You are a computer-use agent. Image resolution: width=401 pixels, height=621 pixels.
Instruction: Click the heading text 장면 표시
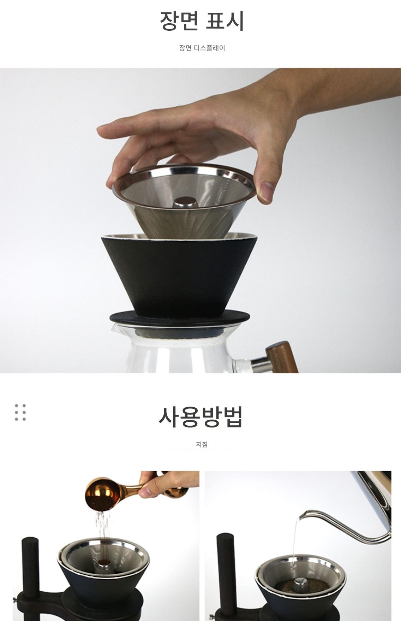pos(202,21)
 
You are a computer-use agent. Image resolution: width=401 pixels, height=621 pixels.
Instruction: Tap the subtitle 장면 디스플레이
pos(202,48)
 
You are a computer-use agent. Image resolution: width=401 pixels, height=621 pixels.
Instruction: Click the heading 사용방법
pos(200,417)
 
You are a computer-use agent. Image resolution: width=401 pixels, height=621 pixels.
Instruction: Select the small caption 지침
pos(202,444)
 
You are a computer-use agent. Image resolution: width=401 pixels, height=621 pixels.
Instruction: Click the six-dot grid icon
pos(20,412)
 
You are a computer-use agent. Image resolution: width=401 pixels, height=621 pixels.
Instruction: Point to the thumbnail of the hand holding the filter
pos(200,220)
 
